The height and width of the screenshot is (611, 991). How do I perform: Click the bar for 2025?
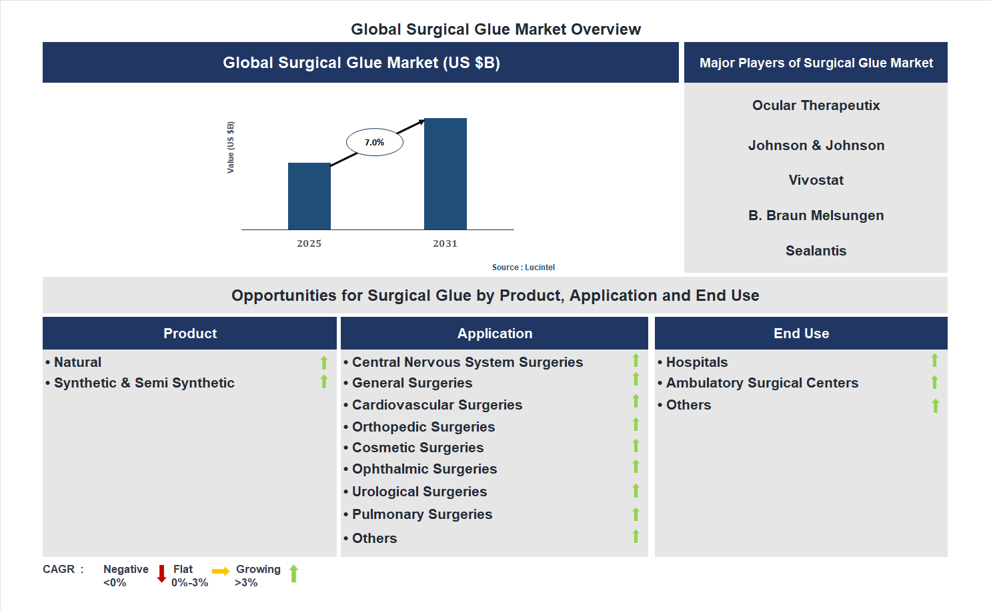[309, 196]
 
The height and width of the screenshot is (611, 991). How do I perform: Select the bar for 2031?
[445, 174]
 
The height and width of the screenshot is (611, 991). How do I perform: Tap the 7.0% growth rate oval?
[374, 142]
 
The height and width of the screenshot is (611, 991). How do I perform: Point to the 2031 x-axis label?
[445, 243]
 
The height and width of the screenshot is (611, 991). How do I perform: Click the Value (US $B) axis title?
[231, 147]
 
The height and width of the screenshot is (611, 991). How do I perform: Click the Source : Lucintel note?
[523, 267]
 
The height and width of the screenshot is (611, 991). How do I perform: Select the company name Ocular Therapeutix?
[816, 105]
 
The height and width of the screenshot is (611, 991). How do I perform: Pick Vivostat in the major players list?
[816, 180]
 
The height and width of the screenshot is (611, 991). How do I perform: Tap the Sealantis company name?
[816, 251]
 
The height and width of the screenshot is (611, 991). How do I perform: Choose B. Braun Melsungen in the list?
[816, 215]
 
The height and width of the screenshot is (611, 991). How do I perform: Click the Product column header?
[190, 334]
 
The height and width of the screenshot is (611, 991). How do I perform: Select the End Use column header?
[801, 334]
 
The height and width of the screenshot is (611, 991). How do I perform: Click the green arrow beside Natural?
[324, 362]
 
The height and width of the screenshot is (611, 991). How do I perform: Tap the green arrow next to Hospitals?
[934, 360]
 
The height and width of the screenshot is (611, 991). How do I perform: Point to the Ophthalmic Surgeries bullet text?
[424, 469]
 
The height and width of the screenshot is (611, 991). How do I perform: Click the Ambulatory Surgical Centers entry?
[762, 383]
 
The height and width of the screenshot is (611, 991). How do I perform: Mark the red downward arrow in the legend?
[161, 574]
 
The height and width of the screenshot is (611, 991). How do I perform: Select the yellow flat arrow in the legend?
[221, 571]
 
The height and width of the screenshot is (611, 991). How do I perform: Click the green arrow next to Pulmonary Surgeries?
[636, 514]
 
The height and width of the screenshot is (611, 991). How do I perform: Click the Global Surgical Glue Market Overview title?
[495, 29]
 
